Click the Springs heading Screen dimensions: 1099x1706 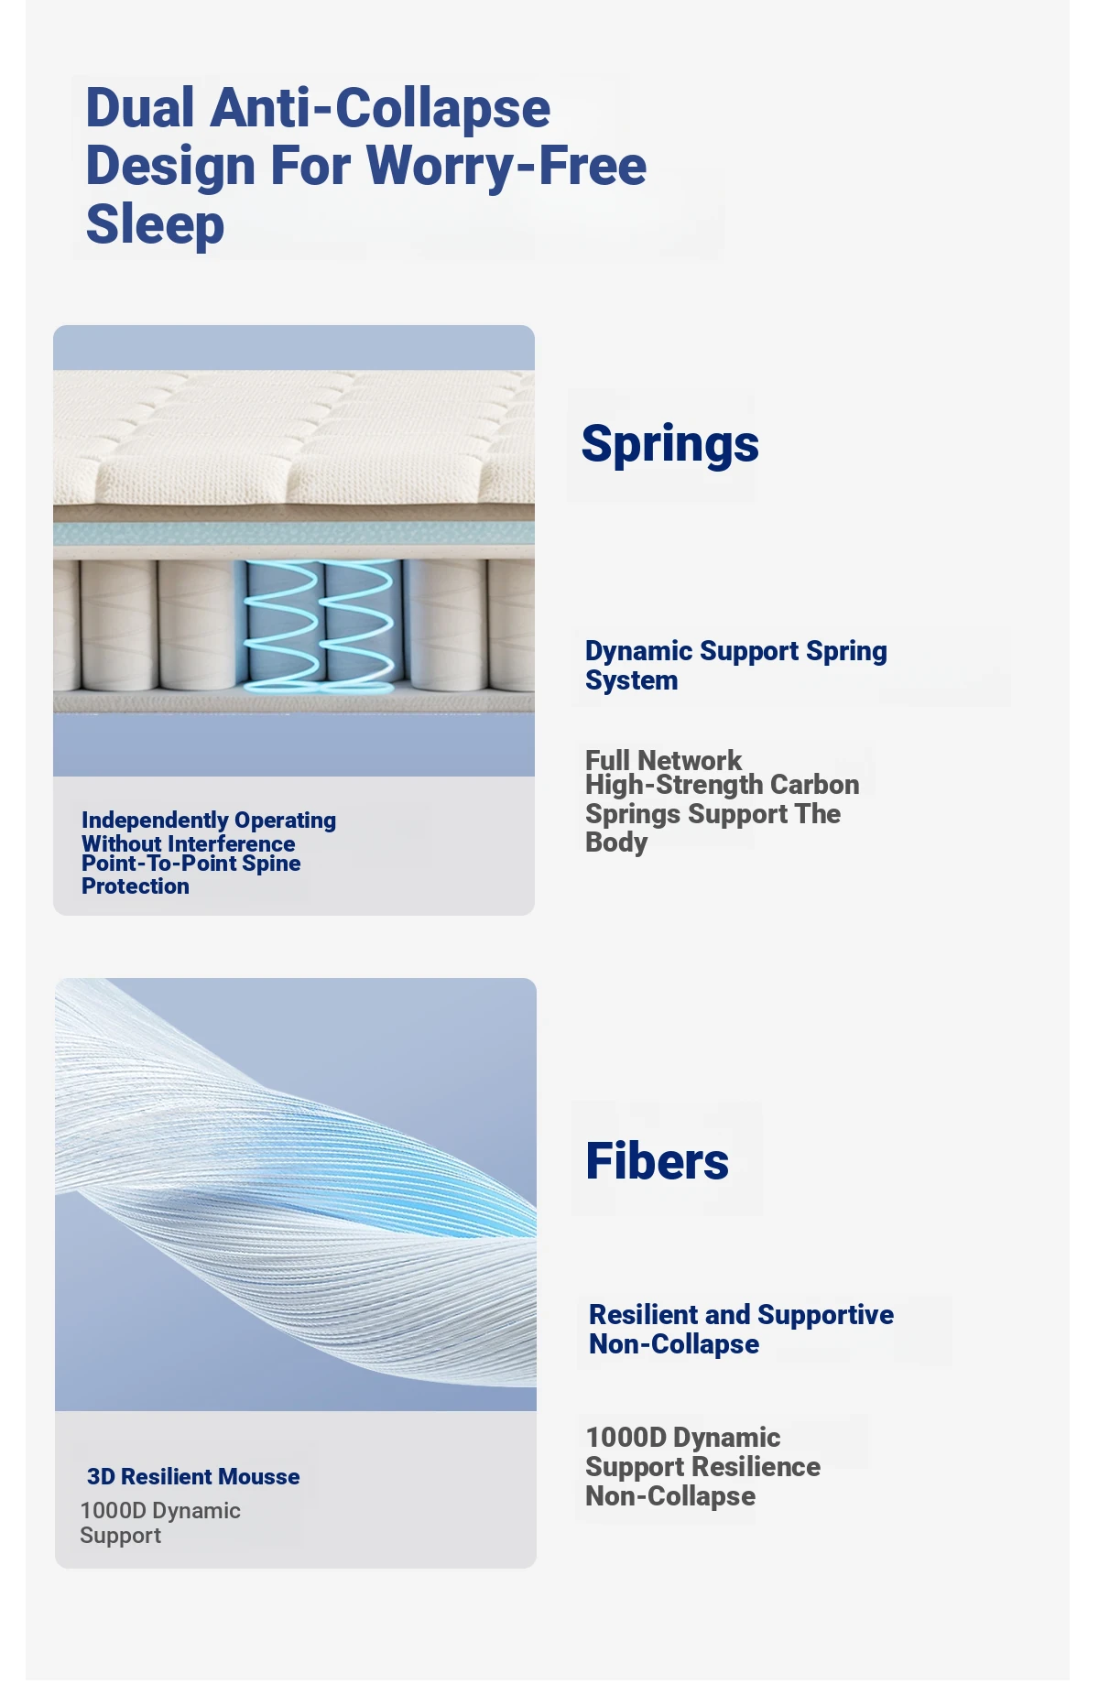click(670, 445)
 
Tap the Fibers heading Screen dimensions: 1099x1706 click(658, 1161)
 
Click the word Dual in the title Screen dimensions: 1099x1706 click(140, 108)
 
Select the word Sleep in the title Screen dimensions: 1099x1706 click(155, 224)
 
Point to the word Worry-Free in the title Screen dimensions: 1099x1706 click(506, 166)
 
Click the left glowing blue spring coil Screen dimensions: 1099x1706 click(281, 624)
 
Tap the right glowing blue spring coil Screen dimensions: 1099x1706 click(359, 624)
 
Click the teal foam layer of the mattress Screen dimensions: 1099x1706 click(294, 533)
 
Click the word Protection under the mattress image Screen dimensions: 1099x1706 click(136, 886)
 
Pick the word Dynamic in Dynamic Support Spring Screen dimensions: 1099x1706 click(639, 651)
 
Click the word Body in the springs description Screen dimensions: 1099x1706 click(616, 842)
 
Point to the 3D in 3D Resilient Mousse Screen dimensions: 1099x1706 click(101, 1476)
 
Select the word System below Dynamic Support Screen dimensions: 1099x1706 click(632, 681)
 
